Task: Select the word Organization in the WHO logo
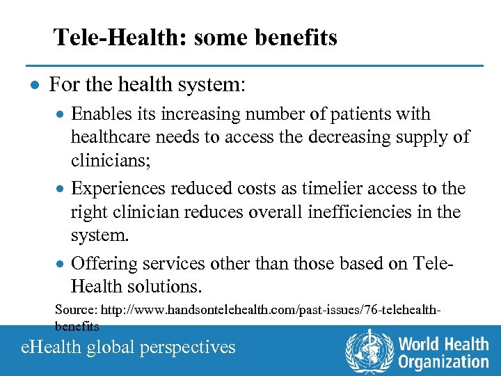tap(443, 362)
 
